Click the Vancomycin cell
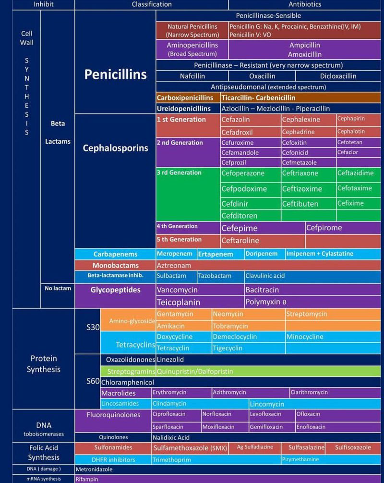tap(177, 290)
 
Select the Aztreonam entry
tap(174, 265)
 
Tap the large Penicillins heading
tap(115, 74)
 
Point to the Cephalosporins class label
tap(115, 148)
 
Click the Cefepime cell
tap(240, 228)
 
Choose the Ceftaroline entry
tap(240, 240)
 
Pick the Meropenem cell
tap(175, 254)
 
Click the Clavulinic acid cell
tap(265, 276)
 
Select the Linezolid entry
tap(170, 359)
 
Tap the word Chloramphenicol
tap(127, 382)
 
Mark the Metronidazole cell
tap(94, 469)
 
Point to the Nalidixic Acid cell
tap(171, 437)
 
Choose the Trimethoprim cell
tap(172, 459)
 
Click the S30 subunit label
tap(93, 327)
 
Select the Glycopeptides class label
tap(115, 290)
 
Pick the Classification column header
tap(152, 4)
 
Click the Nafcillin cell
tap(192, 76)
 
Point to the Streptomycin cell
tap(307, 314)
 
